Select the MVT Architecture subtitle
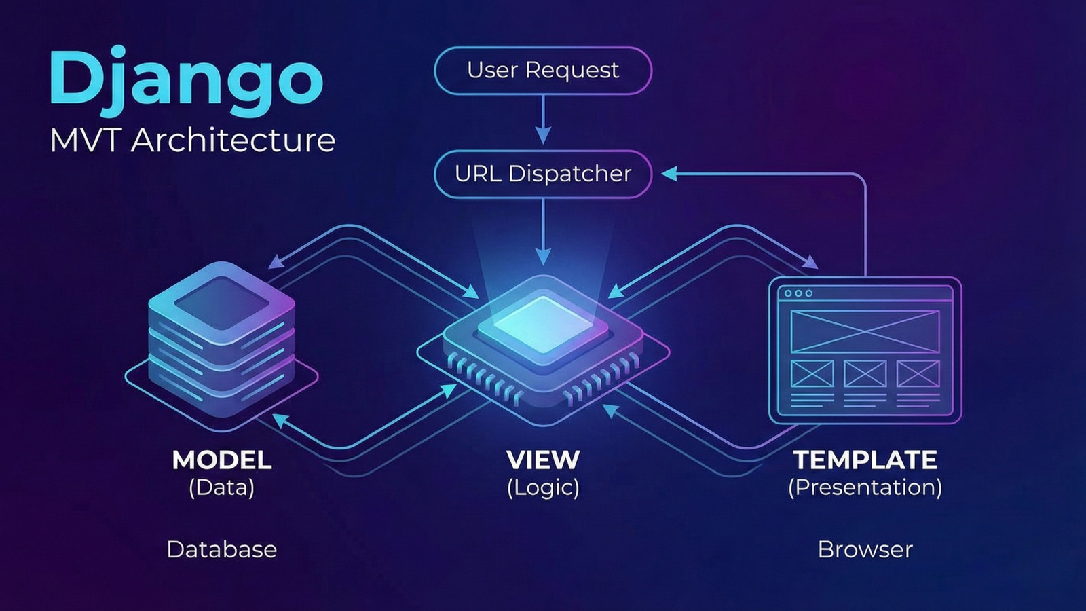click(193, 141)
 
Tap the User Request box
click(543, 70)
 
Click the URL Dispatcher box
click(543, 174)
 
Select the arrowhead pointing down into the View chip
click(543, 256)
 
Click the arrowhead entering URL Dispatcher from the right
click(669, 174)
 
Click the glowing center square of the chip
click(542, 324)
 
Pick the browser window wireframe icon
click(865, 350)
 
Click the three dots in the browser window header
click(798, 293)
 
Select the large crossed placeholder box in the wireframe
click(865, 331)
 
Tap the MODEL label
click(222, 460)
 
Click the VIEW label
click(543, 460)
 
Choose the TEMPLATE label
click(865, 460)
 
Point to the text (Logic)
click(543, 487)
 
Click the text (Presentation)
click(865, 487)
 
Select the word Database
click(222, 549)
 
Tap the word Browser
click(865, 549)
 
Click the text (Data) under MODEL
click(222, 487)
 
